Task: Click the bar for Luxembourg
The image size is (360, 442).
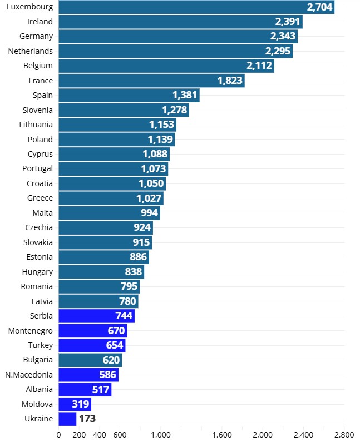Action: click(196, 7)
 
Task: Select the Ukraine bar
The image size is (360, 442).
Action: click(67, 419)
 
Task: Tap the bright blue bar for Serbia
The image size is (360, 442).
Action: click(96, 316)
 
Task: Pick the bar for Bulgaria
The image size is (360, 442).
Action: click(90, 360)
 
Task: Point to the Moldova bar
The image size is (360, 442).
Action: click(75, 404)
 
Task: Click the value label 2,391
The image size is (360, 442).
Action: click(287, 22)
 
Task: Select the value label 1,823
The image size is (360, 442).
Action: click(230, 81)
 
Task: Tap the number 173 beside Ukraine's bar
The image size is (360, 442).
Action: click(87, 419)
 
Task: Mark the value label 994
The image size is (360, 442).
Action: click(149, 213)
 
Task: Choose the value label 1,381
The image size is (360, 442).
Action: click(185, 95)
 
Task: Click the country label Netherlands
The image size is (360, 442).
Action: click(31, 51)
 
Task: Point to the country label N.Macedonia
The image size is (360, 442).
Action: click(29, 375)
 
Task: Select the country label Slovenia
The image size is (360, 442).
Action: click(38, 110)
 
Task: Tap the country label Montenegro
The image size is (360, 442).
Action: click(31, 331)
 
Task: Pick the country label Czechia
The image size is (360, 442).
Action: click(39, 227)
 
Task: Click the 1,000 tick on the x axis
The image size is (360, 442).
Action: click(160, 435)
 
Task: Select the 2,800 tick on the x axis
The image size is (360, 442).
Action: click(344, 435)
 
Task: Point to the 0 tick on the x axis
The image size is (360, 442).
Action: click(59, 435)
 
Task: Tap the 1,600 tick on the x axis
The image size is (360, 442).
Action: click(221, 435)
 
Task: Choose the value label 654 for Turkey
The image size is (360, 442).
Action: click(115, 345)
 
